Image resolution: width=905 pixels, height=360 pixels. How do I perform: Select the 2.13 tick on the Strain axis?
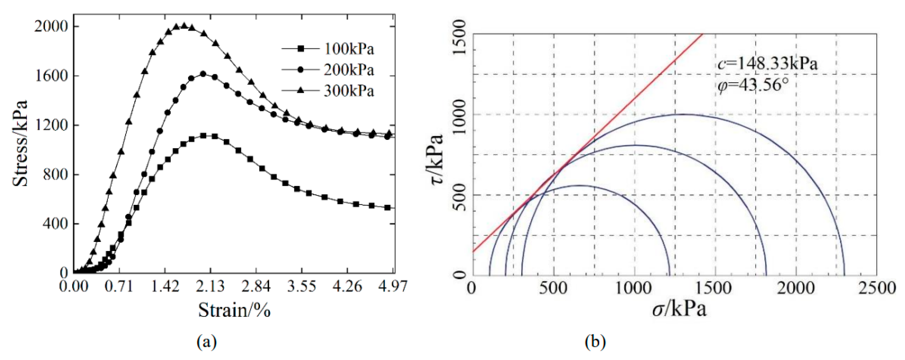tap(210, 286)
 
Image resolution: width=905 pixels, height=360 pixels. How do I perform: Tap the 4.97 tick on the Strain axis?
tap(393, 286)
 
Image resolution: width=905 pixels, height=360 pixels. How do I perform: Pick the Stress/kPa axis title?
tap(20, 143)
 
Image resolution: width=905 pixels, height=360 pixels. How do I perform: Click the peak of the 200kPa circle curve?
tap(203, 74)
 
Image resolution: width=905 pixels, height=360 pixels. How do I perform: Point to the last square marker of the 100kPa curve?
tap(387, 207)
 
